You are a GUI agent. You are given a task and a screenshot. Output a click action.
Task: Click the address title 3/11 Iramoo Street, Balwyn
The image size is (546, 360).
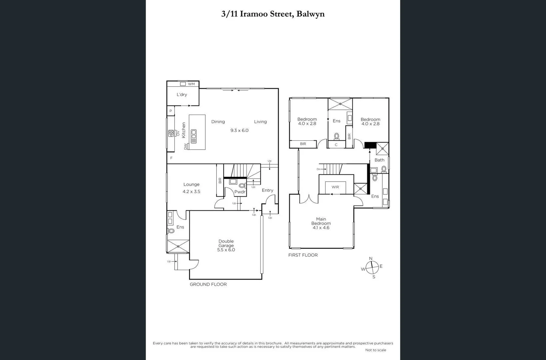[273, 14]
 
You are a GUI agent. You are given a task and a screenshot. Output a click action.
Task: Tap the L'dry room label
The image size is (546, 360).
[182, 95]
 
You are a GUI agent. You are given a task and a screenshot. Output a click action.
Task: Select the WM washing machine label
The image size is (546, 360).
[191, 84]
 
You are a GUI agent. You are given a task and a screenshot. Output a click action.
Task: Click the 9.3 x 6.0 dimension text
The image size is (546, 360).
[239, 130]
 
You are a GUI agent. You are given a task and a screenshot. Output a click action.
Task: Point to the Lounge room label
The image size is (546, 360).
[191, 184]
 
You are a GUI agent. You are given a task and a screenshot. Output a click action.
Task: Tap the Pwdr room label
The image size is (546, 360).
[240, 192]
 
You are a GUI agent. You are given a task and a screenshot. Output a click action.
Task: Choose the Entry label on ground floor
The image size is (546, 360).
[267, 190]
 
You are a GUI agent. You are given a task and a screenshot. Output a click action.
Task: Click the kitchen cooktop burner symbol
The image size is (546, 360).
[171, 133]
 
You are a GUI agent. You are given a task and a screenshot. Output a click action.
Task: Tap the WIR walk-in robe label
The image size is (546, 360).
[335, 187]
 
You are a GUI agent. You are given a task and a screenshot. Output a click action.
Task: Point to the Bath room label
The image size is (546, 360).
[379, 160]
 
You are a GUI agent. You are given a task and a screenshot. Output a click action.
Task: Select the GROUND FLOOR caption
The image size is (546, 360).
[208, 284]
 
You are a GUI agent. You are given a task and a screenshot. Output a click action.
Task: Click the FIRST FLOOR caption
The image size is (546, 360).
[303, 255]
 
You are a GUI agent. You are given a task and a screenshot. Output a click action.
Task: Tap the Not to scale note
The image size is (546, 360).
[376, 350]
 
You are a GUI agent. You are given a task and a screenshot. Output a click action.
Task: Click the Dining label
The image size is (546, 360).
[218, 122]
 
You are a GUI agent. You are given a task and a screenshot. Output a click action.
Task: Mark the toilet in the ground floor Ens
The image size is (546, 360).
[171, 231]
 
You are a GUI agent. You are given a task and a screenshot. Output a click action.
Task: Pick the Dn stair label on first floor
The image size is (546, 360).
[318, 169]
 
